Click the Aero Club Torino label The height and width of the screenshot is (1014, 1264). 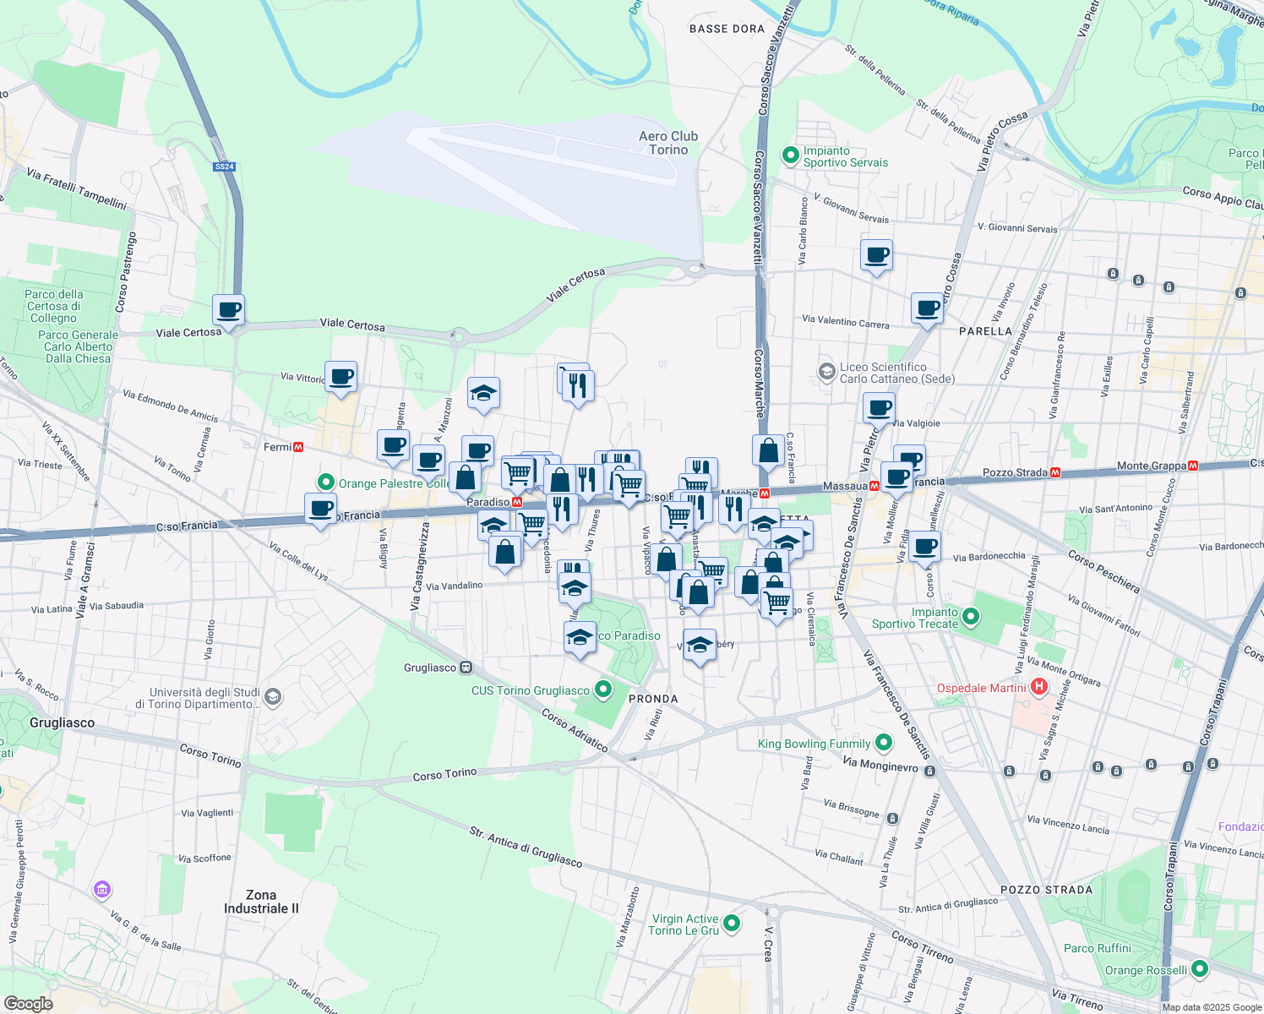[668, 143]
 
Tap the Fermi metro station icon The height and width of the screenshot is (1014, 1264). [298, 447]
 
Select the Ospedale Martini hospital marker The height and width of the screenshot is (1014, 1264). [1039, 688]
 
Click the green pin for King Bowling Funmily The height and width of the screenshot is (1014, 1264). [884, 743]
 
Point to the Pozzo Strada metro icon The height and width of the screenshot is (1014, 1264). [1055, 472]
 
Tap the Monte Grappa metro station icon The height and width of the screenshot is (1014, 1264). [1193, 466]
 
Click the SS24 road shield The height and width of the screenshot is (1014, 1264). [224, 166]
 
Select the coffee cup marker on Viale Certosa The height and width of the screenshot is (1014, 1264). [228, 309]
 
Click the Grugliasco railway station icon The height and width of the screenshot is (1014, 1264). [466, 668]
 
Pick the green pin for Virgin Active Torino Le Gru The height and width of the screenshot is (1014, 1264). [732, 924]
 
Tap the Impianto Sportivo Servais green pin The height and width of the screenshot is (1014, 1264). [790, 155]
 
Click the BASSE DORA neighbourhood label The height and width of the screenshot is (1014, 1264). [727, 29]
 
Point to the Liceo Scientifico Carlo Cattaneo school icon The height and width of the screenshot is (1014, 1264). [826, 372]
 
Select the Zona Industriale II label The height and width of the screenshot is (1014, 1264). [261, 902]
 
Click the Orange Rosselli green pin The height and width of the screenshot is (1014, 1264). [1200, 969]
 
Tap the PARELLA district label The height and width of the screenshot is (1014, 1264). [985, 331]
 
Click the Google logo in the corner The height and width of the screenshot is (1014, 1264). [28, 1003]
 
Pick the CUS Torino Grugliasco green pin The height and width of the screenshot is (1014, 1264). [602, 690]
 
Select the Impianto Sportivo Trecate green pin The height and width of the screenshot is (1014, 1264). [971, 617]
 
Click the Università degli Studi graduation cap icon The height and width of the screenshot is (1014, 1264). [272, 697]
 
